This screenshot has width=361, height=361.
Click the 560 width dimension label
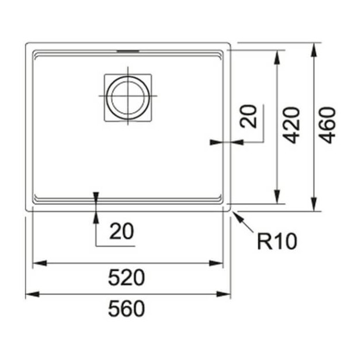click(x=126, y=309)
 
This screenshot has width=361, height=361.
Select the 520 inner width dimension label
click(x=126, y=278)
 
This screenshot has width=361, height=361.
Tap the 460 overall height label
click(x=327, y=125)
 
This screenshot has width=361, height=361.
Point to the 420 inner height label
click(x=291, y=125)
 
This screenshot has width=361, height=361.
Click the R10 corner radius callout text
click(x=277, y=241)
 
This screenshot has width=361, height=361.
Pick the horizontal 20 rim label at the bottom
click(x=122, y=231)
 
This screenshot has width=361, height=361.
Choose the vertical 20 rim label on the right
click(x=248, y=116)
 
